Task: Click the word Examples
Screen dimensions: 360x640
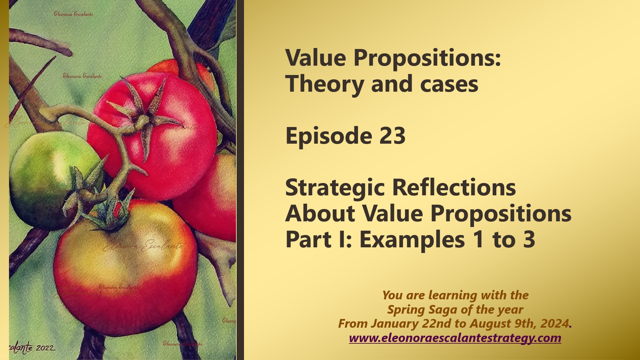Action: (x=412, y=239)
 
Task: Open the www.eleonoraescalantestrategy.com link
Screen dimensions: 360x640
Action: (x=455, y=338)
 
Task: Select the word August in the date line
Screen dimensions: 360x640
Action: (x=490, y=324)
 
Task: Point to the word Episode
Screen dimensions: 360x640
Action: (x=329, y=136)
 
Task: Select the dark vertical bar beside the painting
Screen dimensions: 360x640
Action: (x=240, y=180)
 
